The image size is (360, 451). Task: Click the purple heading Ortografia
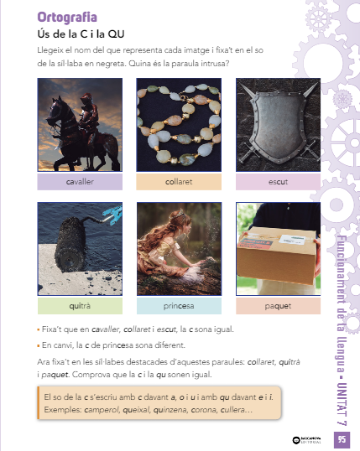[x=67, y=18]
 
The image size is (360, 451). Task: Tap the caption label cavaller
[x=80, y=182]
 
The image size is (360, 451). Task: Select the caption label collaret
[x=179, y=182]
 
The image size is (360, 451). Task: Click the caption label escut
[x=278, y=182]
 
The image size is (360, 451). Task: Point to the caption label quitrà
[x=80, y=306]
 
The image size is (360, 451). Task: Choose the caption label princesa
[x=179, y=306]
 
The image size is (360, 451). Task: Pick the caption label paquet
[x=278, y=306]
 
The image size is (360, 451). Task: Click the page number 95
[x=342, y=439]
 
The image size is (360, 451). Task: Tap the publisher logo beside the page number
[x=307, y=440]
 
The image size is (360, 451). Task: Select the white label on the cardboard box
[x=293, y=240]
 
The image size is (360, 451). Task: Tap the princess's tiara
[x=180, y=213]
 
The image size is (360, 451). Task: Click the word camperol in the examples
[x=102, y=410]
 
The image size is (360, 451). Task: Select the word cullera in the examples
[x=232, y=410]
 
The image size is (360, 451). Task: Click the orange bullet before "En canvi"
[x=39, y=345]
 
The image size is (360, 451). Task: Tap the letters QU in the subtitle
[x=116, y=34]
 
